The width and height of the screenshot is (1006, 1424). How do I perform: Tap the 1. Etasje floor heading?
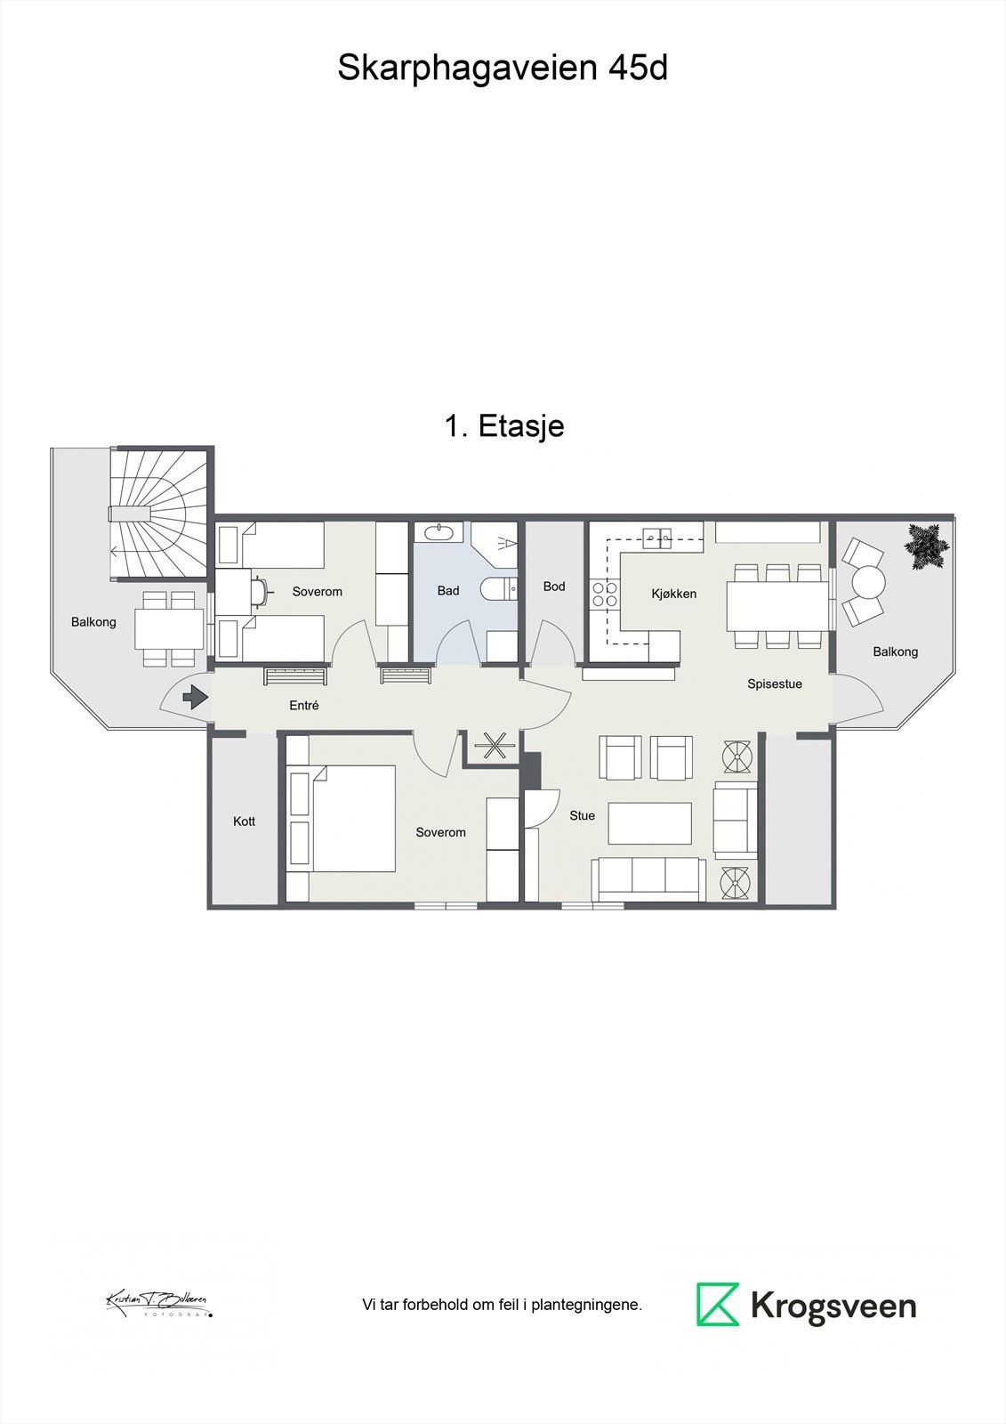click(503, 425)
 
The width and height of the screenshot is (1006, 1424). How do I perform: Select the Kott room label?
click(244, 821)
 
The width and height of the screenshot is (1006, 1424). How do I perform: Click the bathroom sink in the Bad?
click(439, 532)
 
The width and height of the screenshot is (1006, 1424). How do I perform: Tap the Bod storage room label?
click(554, 587)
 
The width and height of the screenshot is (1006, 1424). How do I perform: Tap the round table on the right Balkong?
click(868, 584)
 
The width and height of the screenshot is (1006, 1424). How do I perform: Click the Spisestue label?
click(775, 684)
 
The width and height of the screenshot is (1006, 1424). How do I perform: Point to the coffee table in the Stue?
click(649, 823)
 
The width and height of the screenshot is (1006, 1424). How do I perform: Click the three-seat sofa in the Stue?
click(649, 878)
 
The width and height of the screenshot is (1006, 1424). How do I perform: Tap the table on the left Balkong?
click(170, 628)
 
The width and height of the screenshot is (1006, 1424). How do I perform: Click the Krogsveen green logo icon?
click(717, 1305)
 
